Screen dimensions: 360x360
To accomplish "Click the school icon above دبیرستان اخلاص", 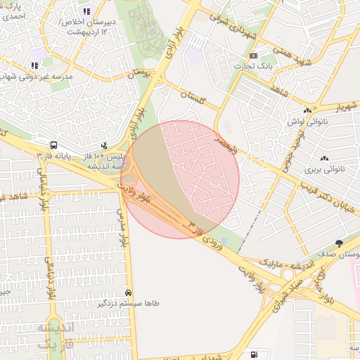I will [x=86, y=11].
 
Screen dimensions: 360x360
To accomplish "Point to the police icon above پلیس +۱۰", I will [x=104, y=145].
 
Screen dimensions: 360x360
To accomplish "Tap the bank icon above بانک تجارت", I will [x=253, y=56].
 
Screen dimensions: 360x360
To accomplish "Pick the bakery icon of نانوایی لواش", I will [x=307, y=111].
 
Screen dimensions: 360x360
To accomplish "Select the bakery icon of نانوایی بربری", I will [x=324, y=159].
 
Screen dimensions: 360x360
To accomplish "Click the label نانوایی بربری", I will [x=323, y=169].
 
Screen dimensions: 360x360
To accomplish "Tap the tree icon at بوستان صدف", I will [x=340, y=243].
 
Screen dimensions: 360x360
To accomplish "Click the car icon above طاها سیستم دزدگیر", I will [x=128, y=292].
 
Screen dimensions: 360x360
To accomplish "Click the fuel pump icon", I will [x=253, y=354].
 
